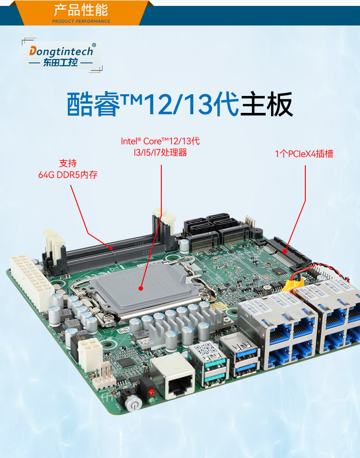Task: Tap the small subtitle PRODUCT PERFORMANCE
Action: [x=81, y=21]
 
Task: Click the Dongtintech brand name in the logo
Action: [x=61, y=51]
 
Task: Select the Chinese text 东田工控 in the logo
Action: [x=61, y=63]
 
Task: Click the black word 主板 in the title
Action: [x=267, y=105]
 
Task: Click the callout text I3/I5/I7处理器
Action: [x=158, y=153]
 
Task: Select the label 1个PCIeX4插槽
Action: [x=304, y=154]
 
